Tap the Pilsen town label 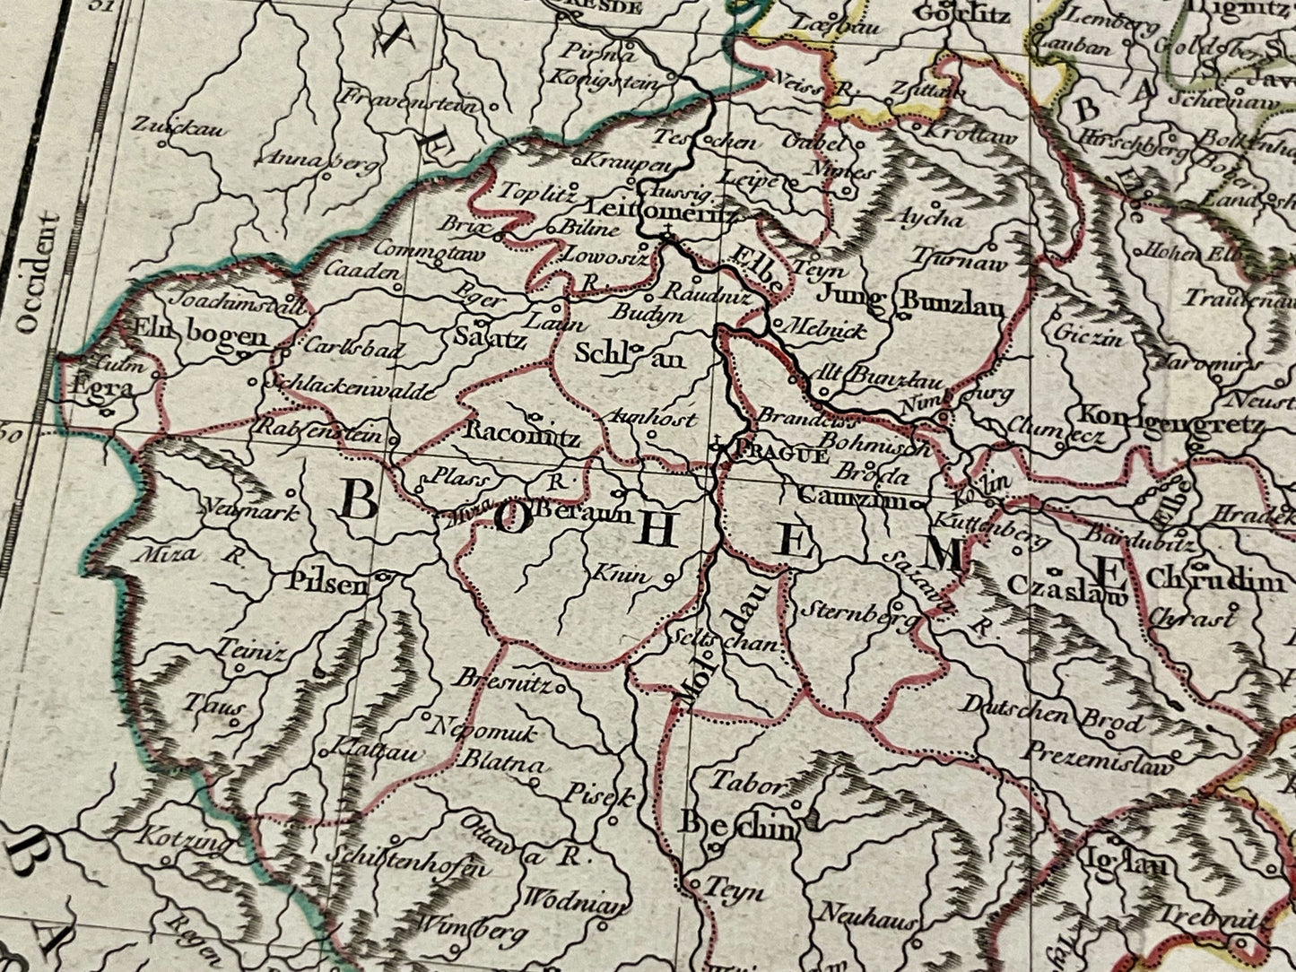tap(326, 584)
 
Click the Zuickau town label tap(179, 129)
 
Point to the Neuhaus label tap(867, 916)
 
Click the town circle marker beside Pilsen tap(382, 577)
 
